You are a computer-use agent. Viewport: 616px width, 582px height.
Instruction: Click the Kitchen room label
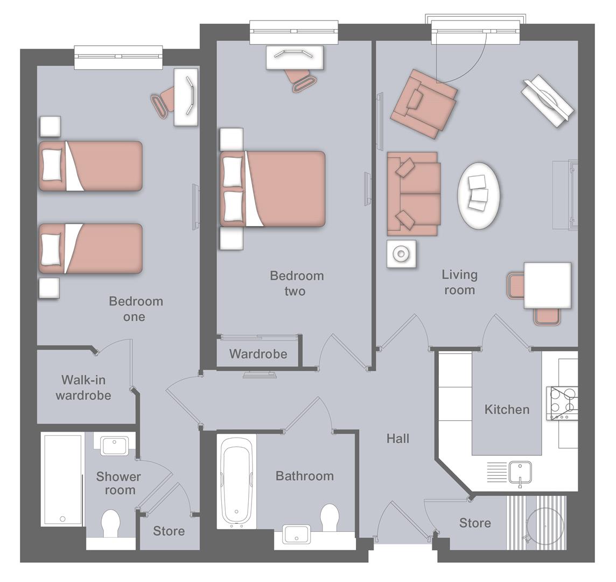(x=507, y=410)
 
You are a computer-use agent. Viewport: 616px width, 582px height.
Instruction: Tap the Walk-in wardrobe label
(x=83, y=388)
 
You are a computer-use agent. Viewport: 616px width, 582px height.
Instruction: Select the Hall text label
(x=398, y=439)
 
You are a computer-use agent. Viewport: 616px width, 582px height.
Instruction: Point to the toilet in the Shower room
(x=110, y=523)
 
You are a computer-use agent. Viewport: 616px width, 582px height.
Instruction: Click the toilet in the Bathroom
(x=329, y=517)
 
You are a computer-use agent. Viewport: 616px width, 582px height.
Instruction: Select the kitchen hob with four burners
(x=562, y=403)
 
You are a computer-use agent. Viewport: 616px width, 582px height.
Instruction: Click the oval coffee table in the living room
(x=478, y=196)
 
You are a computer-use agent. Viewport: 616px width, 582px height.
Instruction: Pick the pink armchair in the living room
(x=424, y=103)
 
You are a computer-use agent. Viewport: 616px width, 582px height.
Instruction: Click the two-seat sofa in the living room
(x=414, y=193)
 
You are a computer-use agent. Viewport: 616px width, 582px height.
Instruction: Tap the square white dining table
(x=547, y=285)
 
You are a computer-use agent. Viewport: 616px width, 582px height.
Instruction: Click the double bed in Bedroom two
(x=273, y=189)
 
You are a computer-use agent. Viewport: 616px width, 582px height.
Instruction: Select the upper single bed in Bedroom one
(x=90, y=166)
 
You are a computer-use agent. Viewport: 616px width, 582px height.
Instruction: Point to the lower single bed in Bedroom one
(x=90, y=248)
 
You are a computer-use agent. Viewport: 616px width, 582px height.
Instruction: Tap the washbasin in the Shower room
(x=114, y=446)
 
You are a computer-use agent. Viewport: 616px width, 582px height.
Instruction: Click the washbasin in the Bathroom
(x=295, y=535)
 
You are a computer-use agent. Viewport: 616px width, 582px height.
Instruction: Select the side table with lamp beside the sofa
(x=401, y=253)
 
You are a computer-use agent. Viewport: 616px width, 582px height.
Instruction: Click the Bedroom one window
(x=118, y=57)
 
